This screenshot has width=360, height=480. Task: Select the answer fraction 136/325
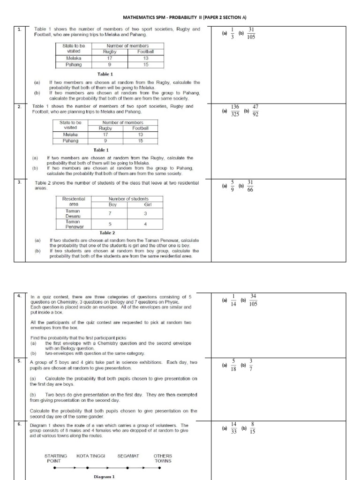235,111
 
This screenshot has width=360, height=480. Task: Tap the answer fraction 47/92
255,111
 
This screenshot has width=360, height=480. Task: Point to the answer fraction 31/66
250,186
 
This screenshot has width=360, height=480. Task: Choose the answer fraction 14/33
234,427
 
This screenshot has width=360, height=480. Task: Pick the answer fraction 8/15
253,427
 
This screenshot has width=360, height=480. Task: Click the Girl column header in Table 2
145,204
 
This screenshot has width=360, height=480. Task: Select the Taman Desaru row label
73,213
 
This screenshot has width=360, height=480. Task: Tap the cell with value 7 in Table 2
110,213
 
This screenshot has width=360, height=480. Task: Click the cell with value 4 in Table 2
145,224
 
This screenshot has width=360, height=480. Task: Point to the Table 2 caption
107,232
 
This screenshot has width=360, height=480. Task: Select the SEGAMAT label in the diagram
128,455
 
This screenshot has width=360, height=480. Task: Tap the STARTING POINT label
55,458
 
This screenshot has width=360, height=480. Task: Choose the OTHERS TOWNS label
163,458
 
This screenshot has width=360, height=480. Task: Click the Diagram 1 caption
104,476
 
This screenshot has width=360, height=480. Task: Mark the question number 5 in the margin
19,361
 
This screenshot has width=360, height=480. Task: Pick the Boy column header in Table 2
110,204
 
